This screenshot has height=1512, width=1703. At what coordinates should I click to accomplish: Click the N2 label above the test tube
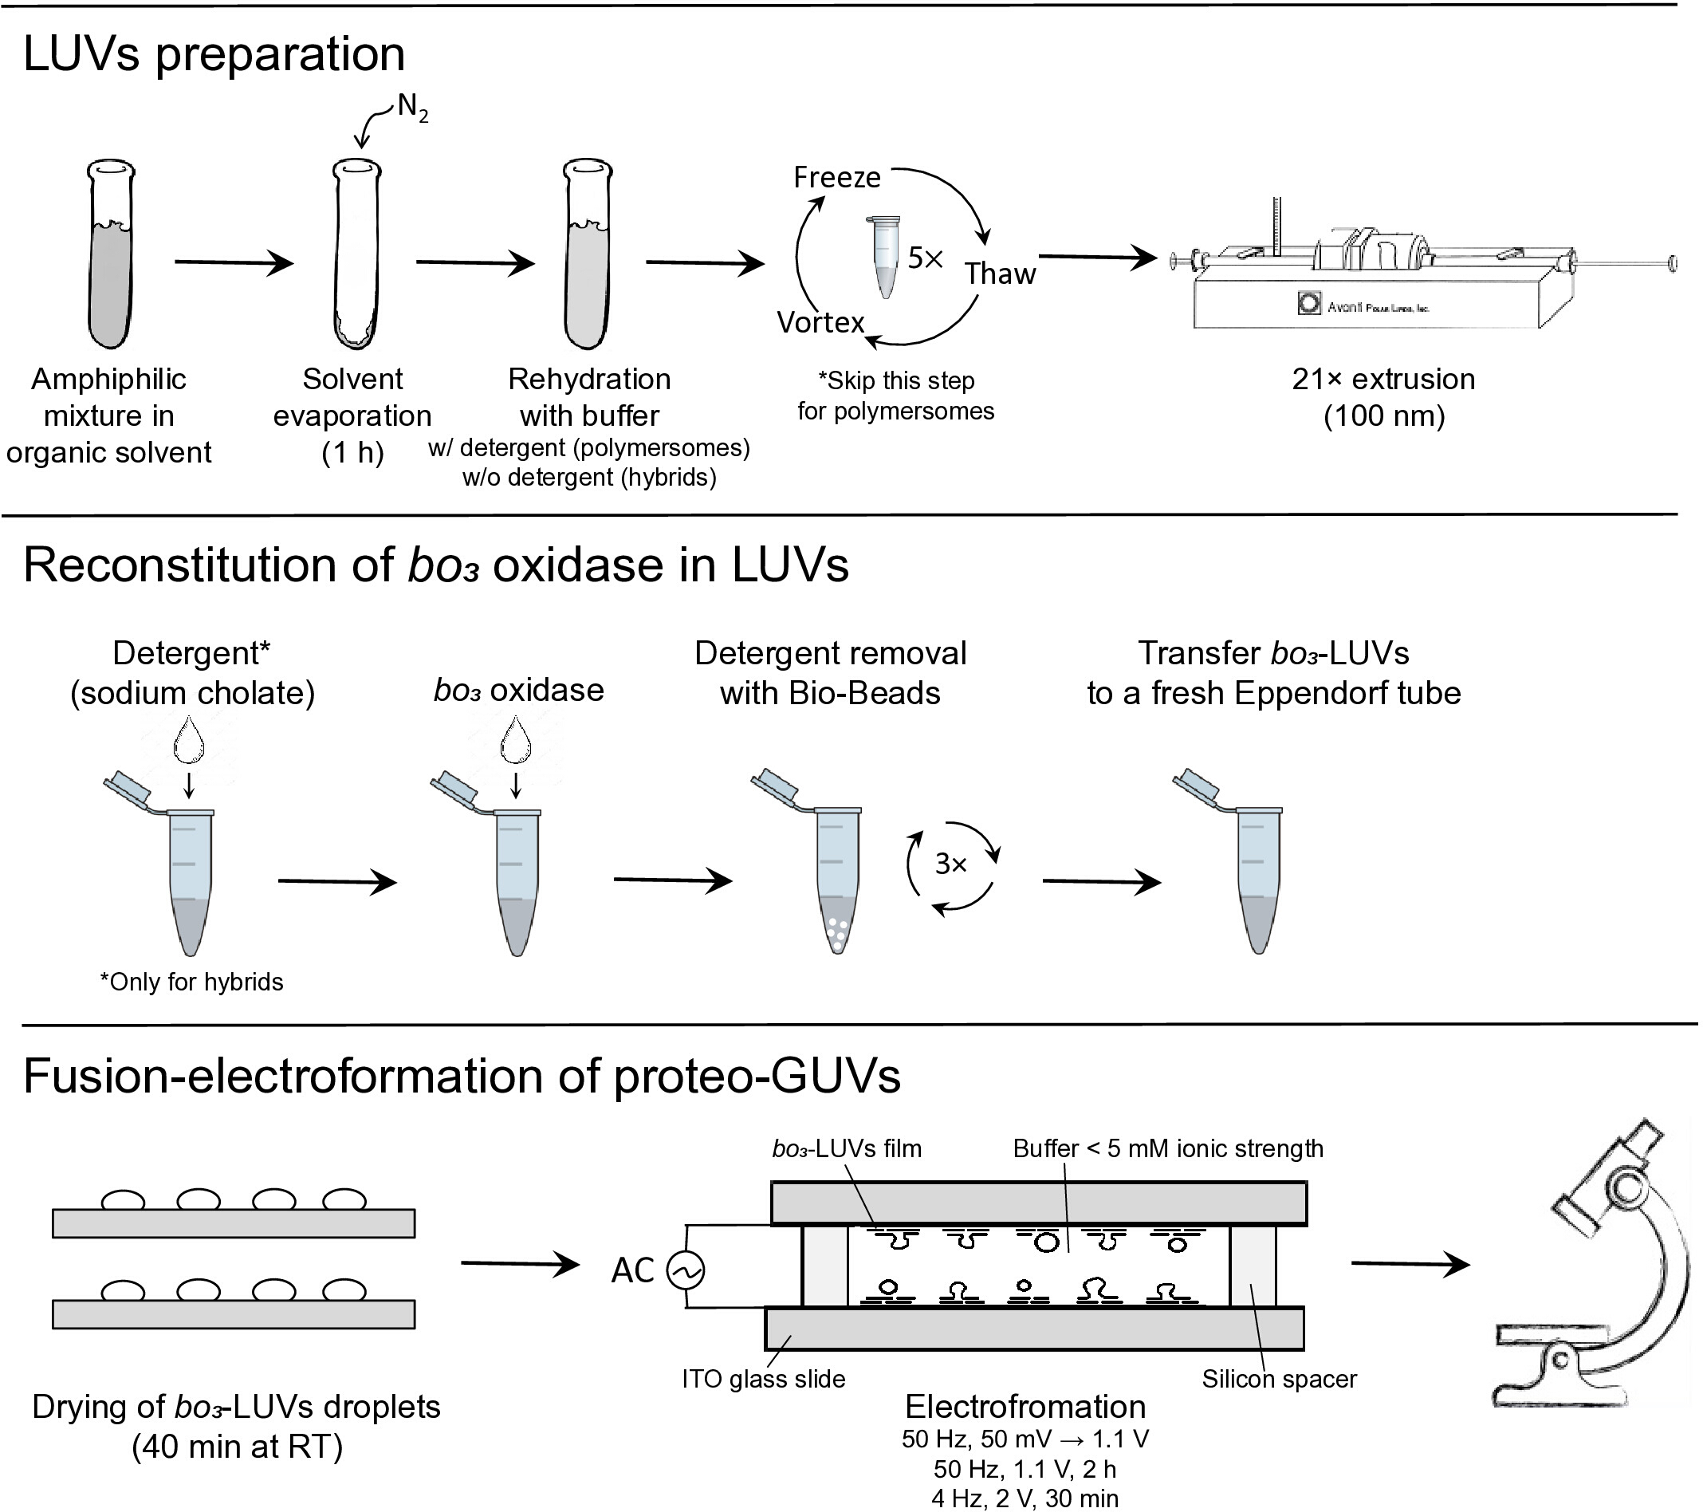pyautogui.click(x=412, y=108)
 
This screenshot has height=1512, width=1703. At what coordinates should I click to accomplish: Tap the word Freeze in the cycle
pyautogui.click(x=836, y=178)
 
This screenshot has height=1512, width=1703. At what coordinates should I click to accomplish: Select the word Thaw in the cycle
pyautogui.click(x=1000, y=274)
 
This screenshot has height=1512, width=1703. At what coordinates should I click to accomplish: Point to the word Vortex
pyautogui.click(x=820, y=322)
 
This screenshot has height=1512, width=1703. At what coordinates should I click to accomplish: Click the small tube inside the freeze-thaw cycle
pyautogui.click(x=885, y=257)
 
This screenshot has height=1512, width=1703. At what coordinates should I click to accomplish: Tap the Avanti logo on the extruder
pyautogui.click(x=1309, y=303)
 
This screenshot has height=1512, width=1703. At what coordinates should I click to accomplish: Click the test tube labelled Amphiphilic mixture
pyautogui.click(x=111, y=254)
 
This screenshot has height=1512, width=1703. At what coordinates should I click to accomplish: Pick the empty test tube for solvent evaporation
pyautogui.click(x=356, y=254)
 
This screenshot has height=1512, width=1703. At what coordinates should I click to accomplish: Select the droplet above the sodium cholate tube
pyautogui.click(x=188, y=740)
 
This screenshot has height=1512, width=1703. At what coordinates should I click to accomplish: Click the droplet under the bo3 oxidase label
pyautogui.click(x=516, y=740)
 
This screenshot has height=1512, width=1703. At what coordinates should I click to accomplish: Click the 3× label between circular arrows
pyautogui.click(x=950, y=864)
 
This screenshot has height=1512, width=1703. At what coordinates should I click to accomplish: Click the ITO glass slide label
pyautogui.click(x=763, y=1379)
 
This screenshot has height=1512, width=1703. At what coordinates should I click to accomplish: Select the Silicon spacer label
pyautogui.click(x=1279, y=1379)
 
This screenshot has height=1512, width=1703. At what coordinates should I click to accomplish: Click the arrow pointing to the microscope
pyautogui.click(x=1410, y=1265)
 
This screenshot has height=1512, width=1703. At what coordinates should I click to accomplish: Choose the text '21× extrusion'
pyautogui.click(x=1384, y=380)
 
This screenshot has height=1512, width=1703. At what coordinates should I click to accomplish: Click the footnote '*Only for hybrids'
pyautogui.click(x=191, y=982)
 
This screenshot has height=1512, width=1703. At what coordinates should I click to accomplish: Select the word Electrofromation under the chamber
pyautogui.click(x=1025, y=1407)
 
